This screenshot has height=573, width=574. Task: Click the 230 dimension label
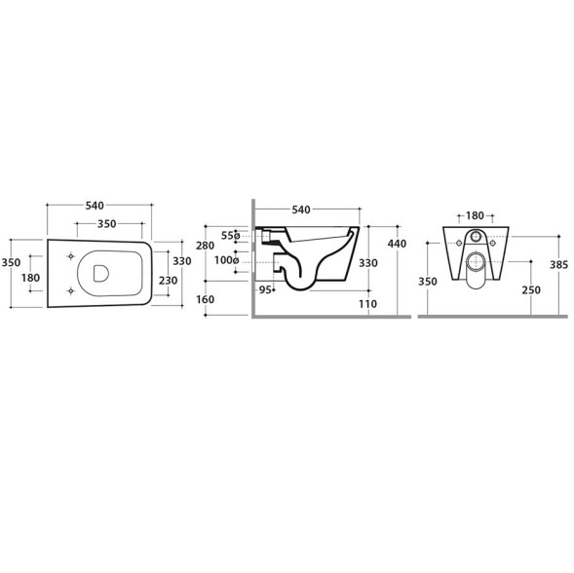tap(168, 281)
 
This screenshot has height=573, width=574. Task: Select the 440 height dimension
tap(397, 244)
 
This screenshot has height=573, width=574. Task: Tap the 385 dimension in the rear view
tap(558, 264)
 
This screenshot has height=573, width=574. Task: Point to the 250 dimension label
tap(531, 290)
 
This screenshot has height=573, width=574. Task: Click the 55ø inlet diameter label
tap(230, 236)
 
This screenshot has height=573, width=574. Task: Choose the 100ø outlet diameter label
tap(227, 260)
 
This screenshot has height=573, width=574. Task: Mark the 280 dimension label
tap(205, 246)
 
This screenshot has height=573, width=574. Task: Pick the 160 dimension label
tap(205, 299)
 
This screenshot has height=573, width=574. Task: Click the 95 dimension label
tap(265, 290)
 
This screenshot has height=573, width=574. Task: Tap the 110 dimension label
tap(368, 304)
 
